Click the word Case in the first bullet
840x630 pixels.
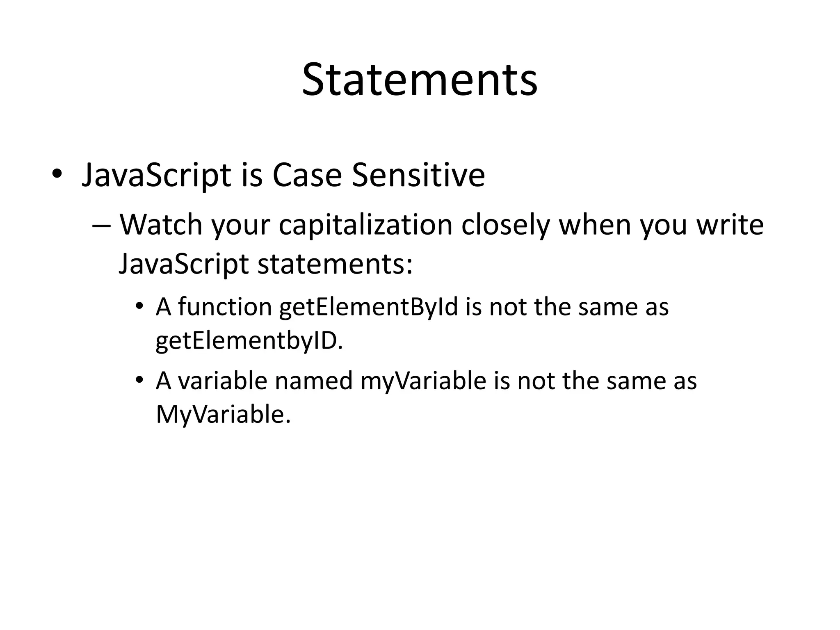307,175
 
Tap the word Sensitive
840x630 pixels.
418,175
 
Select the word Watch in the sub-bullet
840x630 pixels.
161,225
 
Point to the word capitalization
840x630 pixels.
365,226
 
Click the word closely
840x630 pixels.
505,226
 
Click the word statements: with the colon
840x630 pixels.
335,264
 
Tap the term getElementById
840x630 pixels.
368,308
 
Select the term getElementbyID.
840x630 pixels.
249,341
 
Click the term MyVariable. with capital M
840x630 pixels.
223,415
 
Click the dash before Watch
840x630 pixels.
102,226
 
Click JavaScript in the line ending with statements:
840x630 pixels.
183,264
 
